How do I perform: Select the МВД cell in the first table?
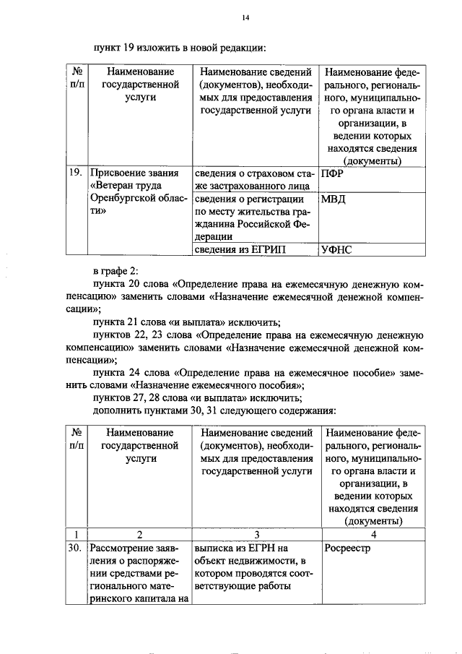click(x=333, y=199)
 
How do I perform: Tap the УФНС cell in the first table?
click(x=338, y=249)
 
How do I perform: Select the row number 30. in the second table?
click(x=74, y=548)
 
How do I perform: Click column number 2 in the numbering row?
click(x=139, y=535)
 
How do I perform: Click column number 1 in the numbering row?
click(x=75, y=535)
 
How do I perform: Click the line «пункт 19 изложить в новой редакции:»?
click(x=180, y=48)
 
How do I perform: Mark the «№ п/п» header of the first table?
click(x=75, y=79)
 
